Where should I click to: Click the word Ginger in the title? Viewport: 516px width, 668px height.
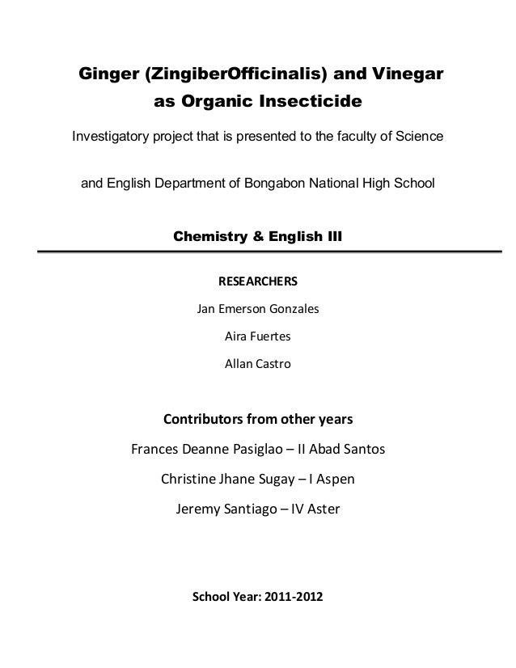coord(106,76)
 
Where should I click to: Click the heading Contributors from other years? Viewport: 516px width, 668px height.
coord(259,421)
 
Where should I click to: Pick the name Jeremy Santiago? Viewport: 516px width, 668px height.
coord(226,509)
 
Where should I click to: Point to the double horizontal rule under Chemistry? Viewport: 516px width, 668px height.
coord(259,253)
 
